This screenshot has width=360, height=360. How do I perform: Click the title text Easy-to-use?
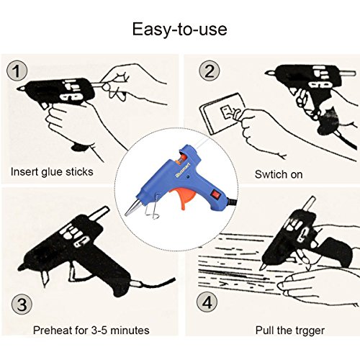pos(180,30)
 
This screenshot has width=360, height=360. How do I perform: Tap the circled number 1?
pos(17,71)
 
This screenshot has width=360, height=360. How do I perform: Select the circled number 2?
pos(210,71)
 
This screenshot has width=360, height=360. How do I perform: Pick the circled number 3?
pos(22,305)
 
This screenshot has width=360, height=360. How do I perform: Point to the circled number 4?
pos(207,302)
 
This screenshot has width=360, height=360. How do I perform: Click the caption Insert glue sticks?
pos(52,172)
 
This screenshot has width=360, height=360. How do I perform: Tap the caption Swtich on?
pos(279,174)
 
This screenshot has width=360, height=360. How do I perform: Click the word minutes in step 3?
pos(130,330)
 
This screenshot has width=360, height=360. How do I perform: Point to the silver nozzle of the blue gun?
pos(132,207)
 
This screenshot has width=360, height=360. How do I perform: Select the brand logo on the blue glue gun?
pos(183,169)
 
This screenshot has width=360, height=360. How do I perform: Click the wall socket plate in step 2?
pos(222,114)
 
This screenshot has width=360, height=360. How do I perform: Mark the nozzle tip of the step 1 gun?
pos(18,89)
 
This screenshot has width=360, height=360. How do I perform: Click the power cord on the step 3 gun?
pos(153,284)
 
